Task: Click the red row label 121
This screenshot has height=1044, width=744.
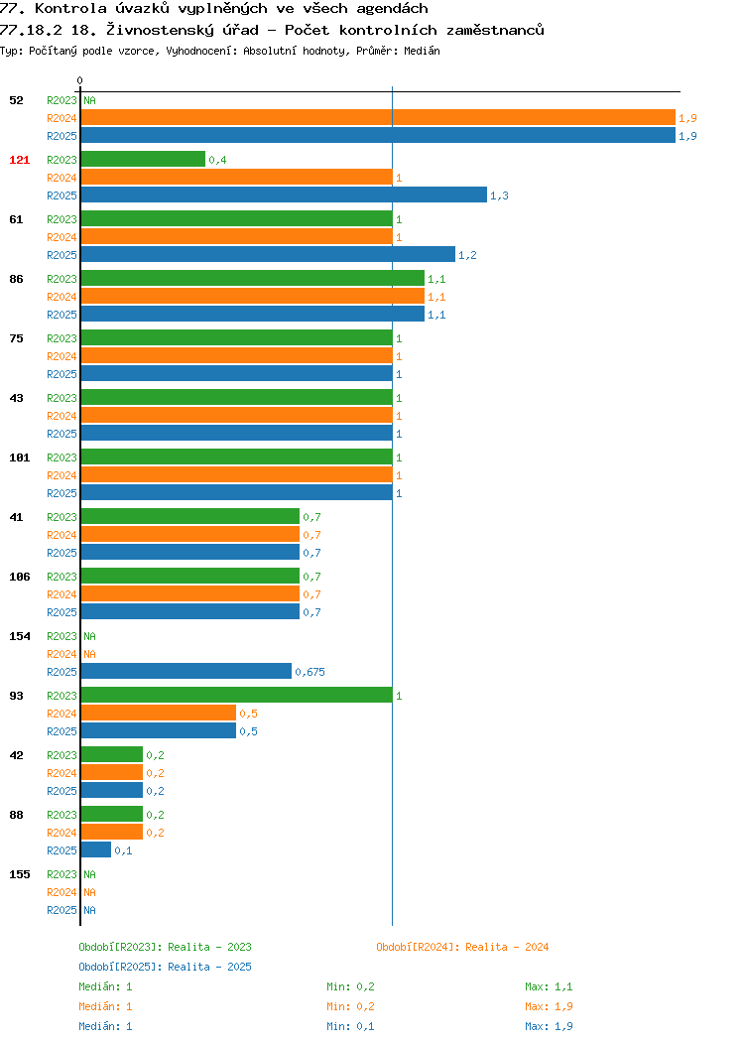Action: coord(19,160)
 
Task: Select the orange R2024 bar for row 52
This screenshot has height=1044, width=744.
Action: coord(378,118)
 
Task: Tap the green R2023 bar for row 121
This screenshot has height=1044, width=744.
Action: coord(143,159)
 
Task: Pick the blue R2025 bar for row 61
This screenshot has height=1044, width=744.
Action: coord(268,254)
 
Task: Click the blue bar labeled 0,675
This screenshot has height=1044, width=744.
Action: coord(186,671)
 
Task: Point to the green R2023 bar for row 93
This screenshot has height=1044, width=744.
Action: coord(237,695)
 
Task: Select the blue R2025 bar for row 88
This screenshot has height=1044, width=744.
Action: coord(96,849)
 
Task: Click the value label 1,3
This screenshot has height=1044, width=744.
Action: coord(499,196)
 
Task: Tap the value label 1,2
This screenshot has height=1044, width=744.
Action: coord(467,255)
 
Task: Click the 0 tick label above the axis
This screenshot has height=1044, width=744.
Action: coord(80,80)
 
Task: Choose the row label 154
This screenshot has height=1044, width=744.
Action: coord(19,636)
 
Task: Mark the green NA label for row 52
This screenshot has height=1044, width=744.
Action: coord(90,100)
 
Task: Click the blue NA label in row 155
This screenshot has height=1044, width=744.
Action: coord(90,910)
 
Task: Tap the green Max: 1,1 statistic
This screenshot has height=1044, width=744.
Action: coord(549,986)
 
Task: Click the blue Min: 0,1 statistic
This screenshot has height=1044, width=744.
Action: coord(350,1027)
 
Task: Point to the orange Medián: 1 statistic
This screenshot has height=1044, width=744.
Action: coord(105,1006)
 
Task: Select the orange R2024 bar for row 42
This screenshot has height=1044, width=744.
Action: coord(112,772)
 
